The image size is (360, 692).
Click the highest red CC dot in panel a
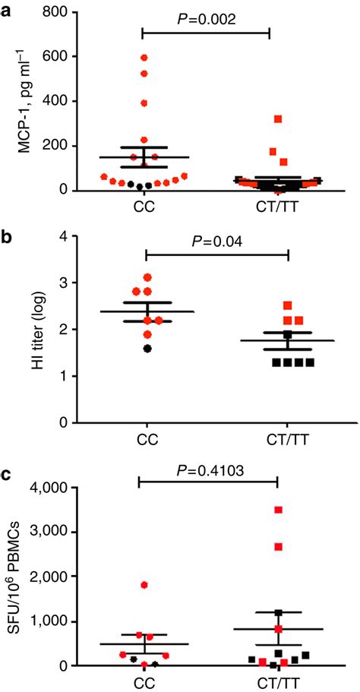(144, 57)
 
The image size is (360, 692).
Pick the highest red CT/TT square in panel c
(278, 510)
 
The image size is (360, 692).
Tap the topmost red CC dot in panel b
(147, 277)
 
